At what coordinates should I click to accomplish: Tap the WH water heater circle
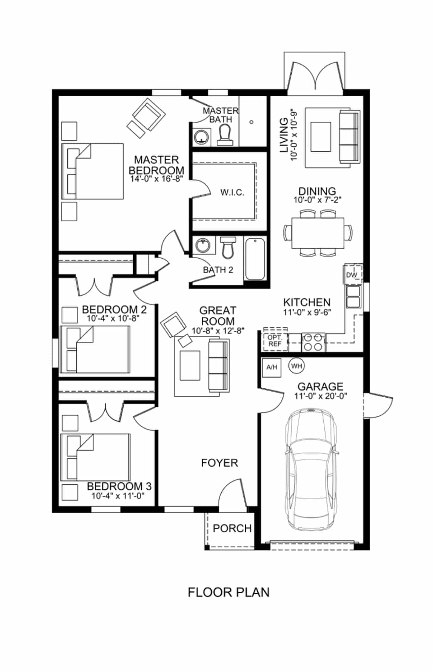tap(296, 366)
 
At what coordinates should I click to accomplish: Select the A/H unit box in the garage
tap(272, 367)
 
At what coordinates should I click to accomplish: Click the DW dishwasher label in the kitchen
tap(351, 275)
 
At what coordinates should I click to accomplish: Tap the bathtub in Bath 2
tap(255, 259)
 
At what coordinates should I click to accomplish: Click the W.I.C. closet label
tap(232, 192)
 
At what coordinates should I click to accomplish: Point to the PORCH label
tap(232, 528)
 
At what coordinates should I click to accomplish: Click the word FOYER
tap(219, 463)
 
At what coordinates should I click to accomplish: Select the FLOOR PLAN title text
tap(229, 592)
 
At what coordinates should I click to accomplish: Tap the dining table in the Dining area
tap(318, 233)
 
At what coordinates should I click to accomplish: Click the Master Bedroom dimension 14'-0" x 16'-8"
tap(156, 179)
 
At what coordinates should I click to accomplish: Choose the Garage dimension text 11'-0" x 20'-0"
tap(321, 396)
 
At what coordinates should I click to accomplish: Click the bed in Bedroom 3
tap(95, 457)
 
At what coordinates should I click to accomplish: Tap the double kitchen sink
tap(353, 296)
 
